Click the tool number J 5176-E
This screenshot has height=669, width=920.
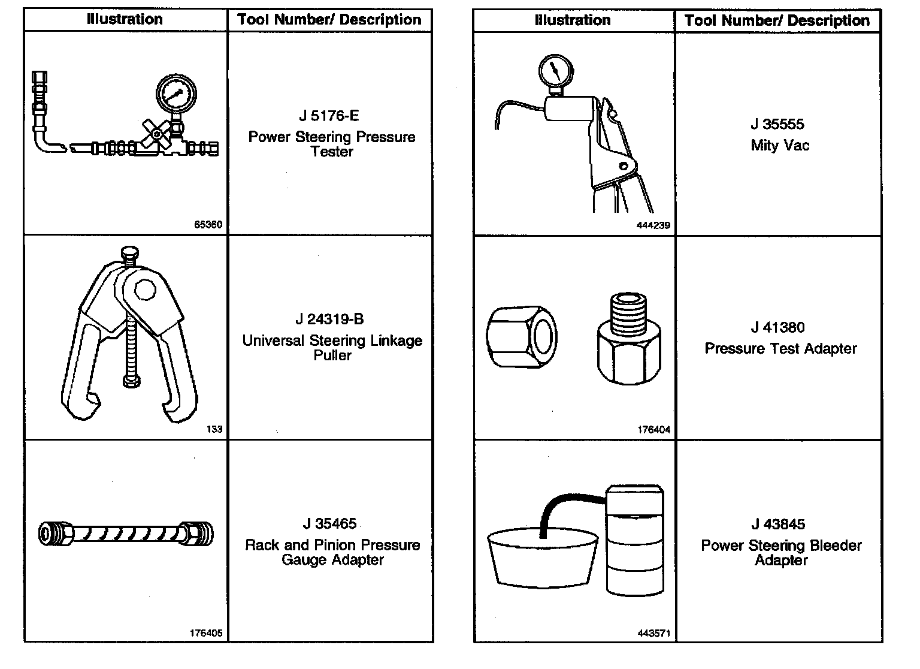pos(329,116)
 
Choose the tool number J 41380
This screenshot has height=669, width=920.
pos(777,327)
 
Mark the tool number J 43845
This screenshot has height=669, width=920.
pos(778,524)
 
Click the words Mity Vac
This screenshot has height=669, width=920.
pos(780,146)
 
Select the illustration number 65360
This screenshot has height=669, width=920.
pos(208,225)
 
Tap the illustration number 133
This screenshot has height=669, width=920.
pos(214,429)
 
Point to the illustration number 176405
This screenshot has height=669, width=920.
pos(206,633)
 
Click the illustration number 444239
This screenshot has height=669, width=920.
pos(653,226)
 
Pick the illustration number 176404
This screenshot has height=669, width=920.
pos(654,430)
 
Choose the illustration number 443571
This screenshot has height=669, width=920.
pos(654,634)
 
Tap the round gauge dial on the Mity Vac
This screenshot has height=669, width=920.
pos(555,71)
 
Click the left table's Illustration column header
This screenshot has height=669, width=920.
pos(125,19)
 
